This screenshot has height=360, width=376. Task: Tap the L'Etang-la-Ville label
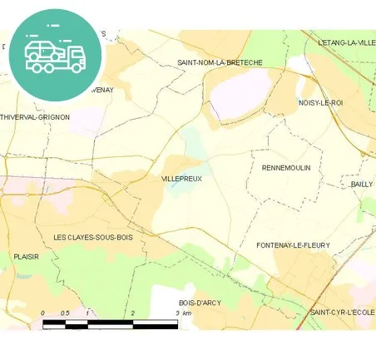[346, 42]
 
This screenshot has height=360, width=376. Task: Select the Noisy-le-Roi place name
[320, 102]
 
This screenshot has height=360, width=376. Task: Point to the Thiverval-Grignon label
[35, 117]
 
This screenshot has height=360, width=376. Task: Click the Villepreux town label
[182, 178]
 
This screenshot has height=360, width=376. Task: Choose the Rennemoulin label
[285, 167]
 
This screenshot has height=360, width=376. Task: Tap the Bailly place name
[362, 184]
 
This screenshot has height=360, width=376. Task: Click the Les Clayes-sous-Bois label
[92, 238]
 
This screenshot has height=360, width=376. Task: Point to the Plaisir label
[27, 257]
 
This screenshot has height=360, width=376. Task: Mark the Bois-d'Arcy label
[200, 303]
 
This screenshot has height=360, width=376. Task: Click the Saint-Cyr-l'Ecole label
[342, 312]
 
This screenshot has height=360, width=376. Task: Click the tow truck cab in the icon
[75, 57]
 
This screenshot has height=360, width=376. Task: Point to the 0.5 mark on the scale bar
[66, 313]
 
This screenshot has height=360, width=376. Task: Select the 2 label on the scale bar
[133, 313]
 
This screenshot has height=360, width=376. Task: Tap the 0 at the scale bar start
[43, 313]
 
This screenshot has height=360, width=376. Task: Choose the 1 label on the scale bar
[88, 313]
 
